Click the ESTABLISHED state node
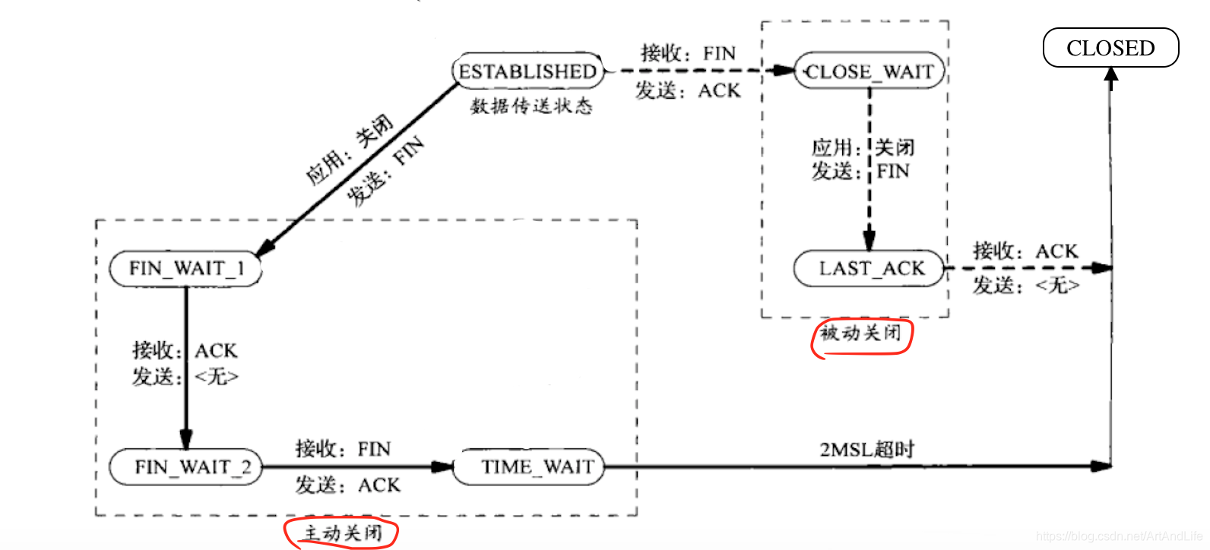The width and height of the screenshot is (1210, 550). coord(527,71)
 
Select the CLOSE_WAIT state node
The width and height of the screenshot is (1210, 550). coord(869,71)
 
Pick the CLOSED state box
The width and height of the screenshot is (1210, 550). coord(1110,48)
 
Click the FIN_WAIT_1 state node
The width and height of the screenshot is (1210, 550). coord(185,268)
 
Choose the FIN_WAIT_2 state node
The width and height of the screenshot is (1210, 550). coord(187,466)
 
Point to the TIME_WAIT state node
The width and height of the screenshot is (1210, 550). coord(530,466)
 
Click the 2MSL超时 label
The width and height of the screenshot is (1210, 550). coord(866,449)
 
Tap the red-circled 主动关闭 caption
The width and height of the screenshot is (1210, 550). coord(342,533)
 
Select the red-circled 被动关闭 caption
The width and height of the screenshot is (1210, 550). coord(861,333)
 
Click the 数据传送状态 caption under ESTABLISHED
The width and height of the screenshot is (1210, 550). coord(531,106)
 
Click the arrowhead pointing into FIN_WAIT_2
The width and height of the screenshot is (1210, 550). coord(186,440)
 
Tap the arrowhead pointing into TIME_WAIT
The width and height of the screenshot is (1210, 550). coord(443,466)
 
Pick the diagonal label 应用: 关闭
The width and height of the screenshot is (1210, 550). coord(350,150)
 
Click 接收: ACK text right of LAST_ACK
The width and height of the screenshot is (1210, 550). coord(1025,251)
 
